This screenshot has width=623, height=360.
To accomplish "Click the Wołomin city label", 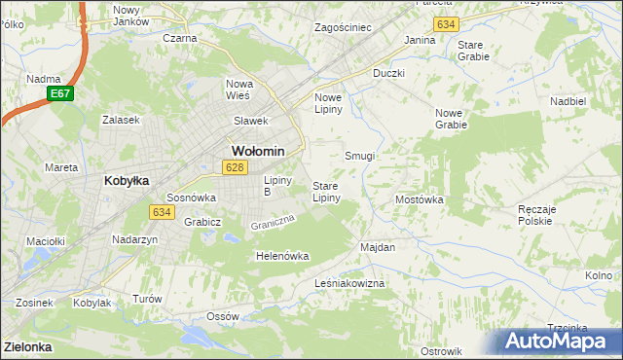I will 258,151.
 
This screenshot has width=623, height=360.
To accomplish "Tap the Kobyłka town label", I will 126,180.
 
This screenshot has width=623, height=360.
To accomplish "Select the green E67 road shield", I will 58,93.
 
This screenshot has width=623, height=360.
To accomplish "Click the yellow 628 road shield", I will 233,167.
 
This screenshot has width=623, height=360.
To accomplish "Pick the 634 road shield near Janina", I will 447,22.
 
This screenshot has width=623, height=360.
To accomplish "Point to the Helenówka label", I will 281,256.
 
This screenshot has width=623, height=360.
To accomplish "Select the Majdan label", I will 378,247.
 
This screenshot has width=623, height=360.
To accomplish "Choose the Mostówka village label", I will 420,199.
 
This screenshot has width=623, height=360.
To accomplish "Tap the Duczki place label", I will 388,73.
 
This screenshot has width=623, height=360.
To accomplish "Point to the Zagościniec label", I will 343,27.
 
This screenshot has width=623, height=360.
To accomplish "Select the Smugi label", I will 360,156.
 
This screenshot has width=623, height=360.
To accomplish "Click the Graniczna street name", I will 272,223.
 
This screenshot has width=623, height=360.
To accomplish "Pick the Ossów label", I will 223,316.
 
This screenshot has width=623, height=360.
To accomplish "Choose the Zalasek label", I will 122,120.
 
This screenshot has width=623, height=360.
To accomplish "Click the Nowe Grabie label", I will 451,119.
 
